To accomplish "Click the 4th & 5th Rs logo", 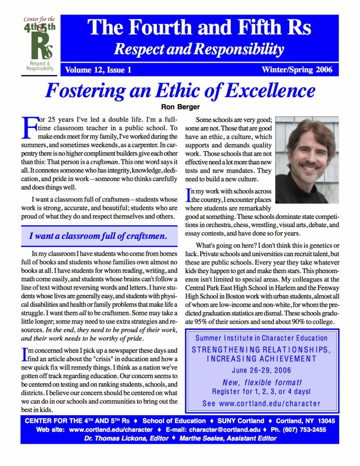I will tap(38, 44).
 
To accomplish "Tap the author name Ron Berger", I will tap(179, 107).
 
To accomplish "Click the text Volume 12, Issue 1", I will tap(98, 70).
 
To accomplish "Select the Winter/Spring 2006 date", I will tap(297, 70).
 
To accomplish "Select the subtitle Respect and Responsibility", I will tap(199, 48).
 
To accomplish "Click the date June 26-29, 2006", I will tap(261, 370).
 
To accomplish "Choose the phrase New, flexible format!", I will tap(261, 381).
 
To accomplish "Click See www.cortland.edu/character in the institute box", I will tap(261, 403).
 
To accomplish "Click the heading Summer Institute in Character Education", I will tap(261, 338).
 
